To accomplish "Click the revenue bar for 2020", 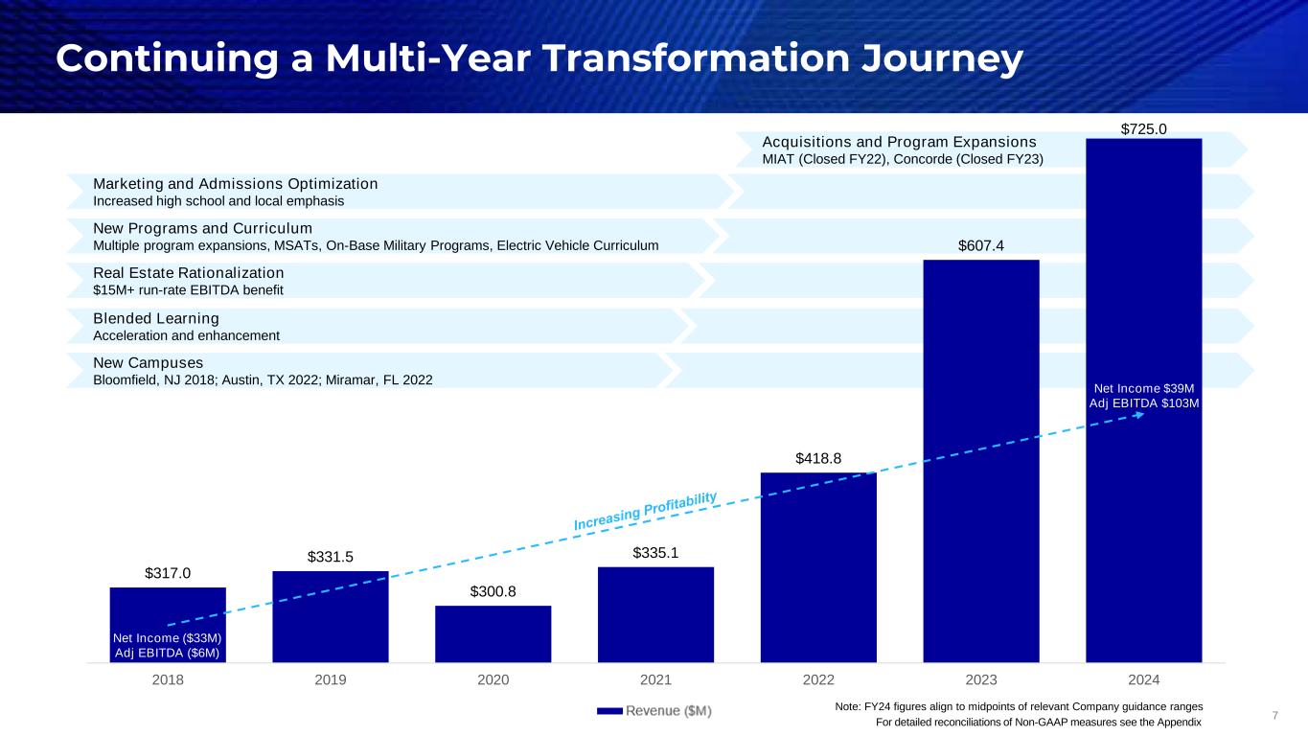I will [x=493, y=633].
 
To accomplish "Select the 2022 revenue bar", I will [x=818, y=566].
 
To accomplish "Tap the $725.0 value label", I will [x=1143, y=127].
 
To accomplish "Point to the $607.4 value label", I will [x=981, y=248].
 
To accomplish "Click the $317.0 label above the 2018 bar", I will [x=168, y=574].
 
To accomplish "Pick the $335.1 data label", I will [x=655, y=554].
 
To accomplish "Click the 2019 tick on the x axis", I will [x=331, y=680].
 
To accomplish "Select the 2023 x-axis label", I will [x=981, y=680].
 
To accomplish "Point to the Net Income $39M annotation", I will [x=1144, y=388].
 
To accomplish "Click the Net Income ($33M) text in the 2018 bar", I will [x=168, y=638].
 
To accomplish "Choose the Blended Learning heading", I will [x=156, y=318].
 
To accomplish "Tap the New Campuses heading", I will [x=148, y=363].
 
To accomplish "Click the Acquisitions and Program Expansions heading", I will [x=900, y=141].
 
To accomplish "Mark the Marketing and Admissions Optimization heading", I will [x=236, y=183].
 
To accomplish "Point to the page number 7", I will [x=1275, y=715].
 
